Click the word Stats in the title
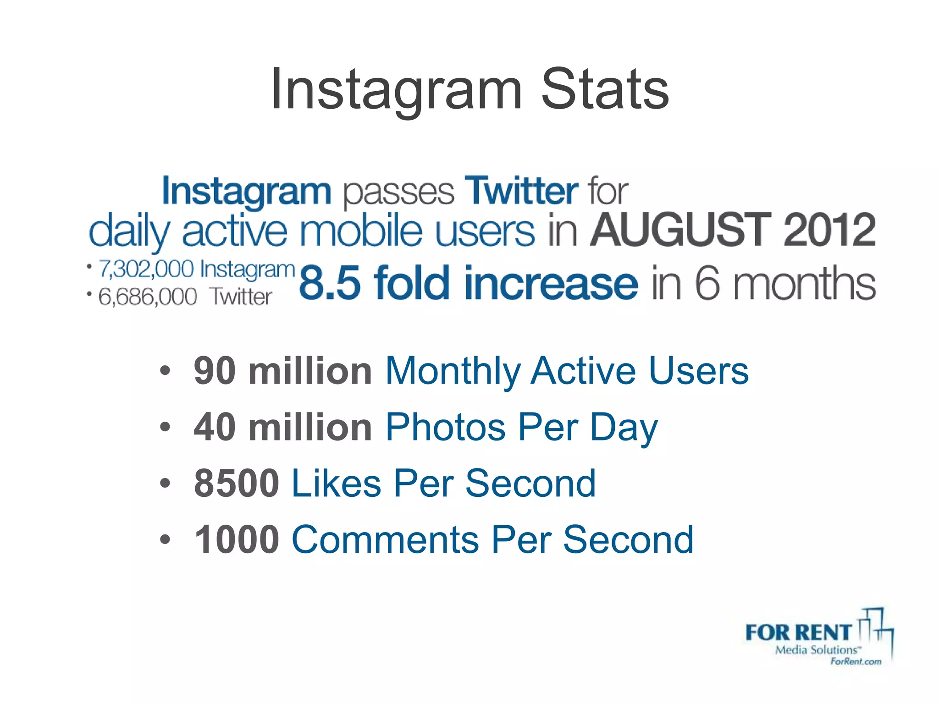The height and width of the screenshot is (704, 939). [x=605, y=89]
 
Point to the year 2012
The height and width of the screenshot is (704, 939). [x=829, y=230]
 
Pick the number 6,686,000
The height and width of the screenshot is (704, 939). [x=148, y=297]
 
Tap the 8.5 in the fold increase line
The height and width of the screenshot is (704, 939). [x=329, y=283]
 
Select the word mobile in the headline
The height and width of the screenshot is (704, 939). [x=360, y=230]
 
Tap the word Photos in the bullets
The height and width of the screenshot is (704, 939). [x=445, y=427]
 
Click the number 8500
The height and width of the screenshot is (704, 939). [x=237, y=483]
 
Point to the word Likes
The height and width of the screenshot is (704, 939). [x=336, y=483]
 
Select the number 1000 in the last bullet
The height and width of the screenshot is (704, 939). [x=237, y=539]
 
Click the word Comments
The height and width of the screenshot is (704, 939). [x=385, y=539]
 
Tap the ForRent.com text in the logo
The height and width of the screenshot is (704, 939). [x=856, y=661]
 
